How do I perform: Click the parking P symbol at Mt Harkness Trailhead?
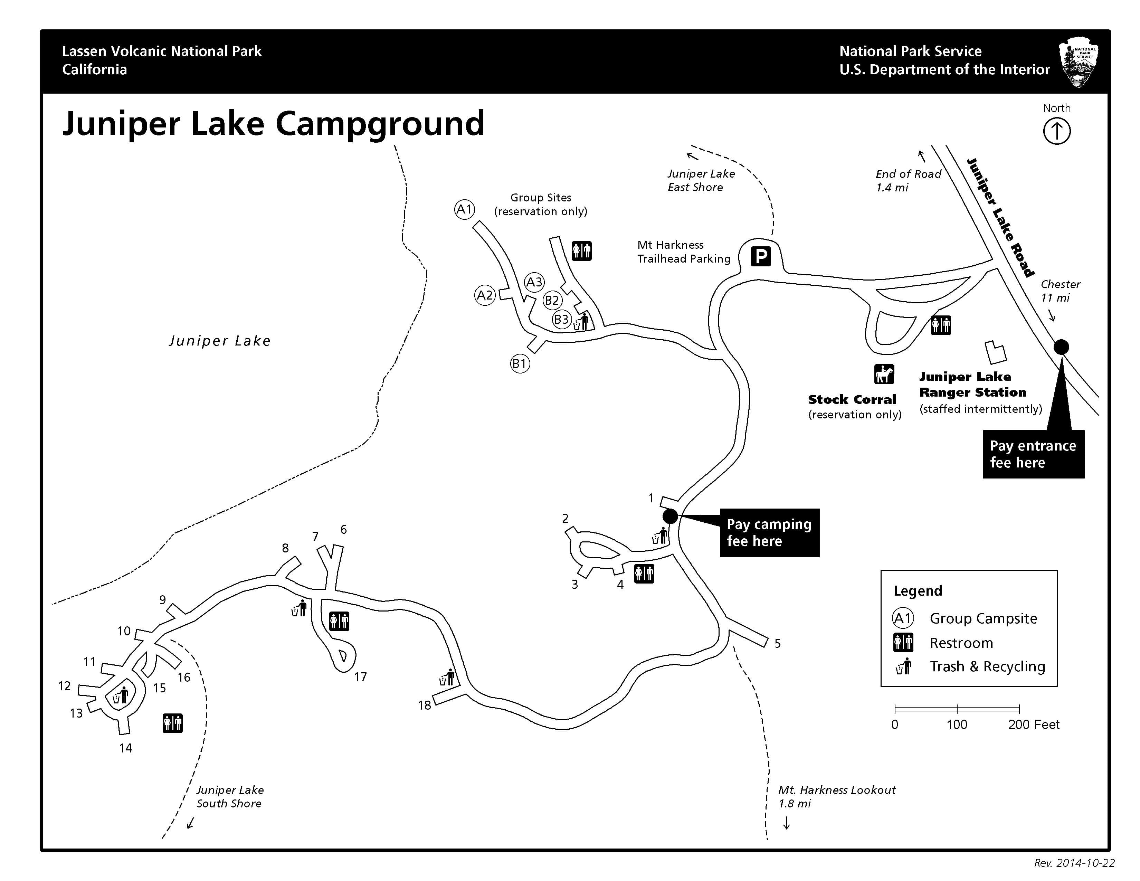click(x=761, y=256)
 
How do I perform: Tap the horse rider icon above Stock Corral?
click(x=884, y=374)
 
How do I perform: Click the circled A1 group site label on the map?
click(x=464, y=209)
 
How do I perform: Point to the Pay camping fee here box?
click(x=769, y=532)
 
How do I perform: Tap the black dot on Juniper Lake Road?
click(x=1061, y=347)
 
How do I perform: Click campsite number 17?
click(x=360, y=677)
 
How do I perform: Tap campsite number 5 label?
click(x=777, y=644)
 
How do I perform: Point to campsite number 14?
click(x=125, y=748)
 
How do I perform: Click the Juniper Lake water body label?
click(x=220, y=341)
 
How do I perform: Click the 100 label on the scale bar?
click(x=957, y=724)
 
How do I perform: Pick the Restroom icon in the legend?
click(x=903, y=643)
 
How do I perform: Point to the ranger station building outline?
click(x=995, y=353)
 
